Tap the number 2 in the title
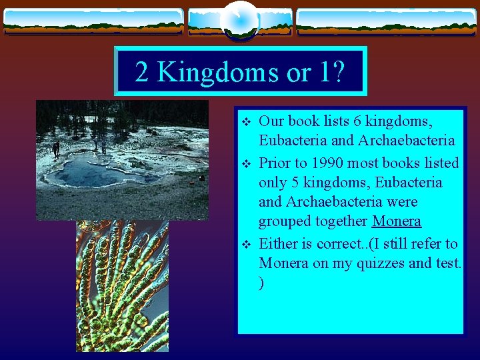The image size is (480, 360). click(x=141, y=71)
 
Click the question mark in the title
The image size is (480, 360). click(x=337, y=71)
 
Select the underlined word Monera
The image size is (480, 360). click(x=397, y=221)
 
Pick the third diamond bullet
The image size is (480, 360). click(x=246, y=245)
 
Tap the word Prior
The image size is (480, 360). click(x=275, y=163)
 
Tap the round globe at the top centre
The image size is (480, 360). click(x=240, y=20)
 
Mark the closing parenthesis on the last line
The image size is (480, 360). click(x=261, y=283)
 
